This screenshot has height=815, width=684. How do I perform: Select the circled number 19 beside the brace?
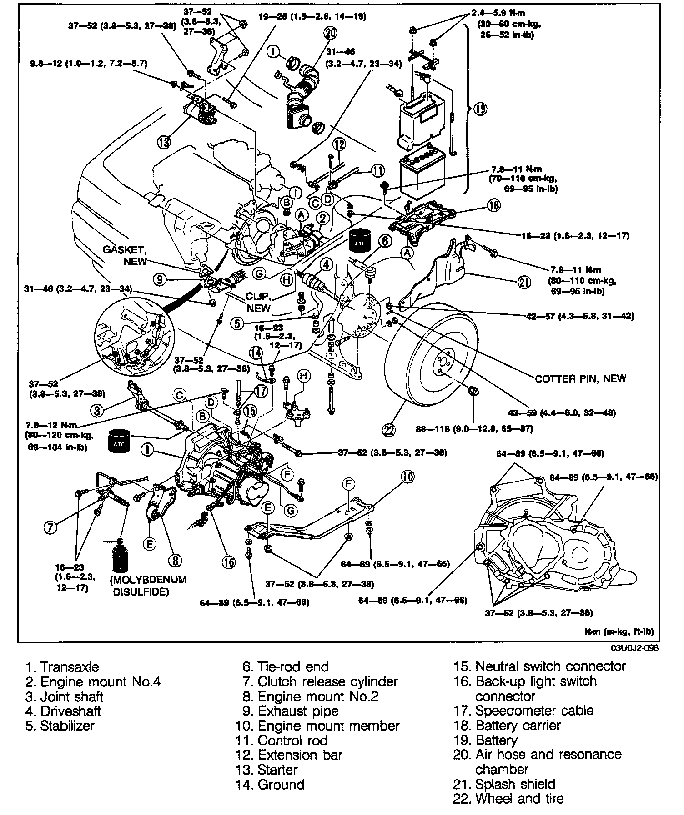pyautogui.click(x=480, y=109)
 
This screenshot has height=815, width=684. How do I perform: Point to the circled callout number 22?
pyautogui.click(x=390, y=429)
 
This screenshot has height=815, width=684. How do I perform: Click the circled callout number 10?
pyautogui.click(x=407, y=476)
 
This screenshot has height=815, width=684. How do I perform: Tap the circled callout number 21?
pyautogui.click(x=524, y=283)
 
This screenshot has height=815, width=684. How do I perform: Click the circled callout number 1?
pyautogui.click(x=147, y=450)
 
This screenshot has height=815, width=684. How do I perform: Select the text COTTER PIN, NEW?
pyautogui.click(x=580, y=378)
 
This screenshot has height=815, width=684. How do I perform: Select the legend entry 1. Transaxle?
pyautogui.click(x=62, y=667)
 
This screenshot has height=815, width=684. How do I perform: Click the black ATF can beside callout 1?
pyautogui.click(x=119, y=440)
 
